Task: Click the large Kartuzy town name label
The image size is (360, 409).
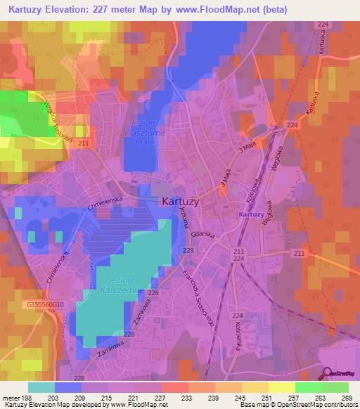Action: (x=184, y=200)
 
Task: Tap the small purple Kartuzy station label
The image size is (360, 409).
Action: (x=251, y=214)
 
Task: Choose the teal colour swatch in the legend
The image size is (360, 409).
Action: (x=41, y=387)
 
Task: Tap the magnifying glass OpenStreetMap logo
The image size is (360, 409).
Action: (x=327, y=374)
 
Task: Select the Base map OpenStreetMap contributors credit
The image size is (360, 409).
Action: (x=297, y=405)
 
